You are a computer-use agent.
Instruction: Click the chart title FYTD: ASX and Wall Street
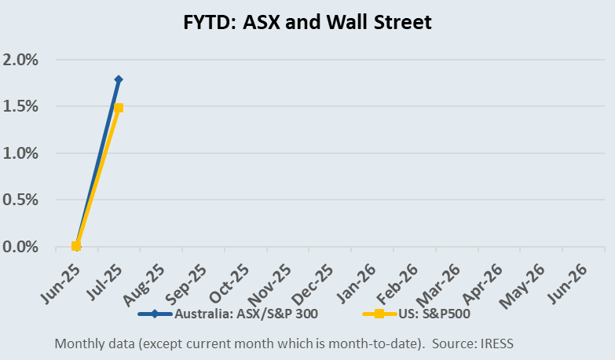pyautogui.click(x=307, y=23)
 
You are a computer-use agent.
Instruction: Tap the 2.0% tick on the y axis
pyautogui.click(x=21, y=60)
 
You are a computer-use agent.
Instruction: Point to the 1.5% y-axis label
pyautogui.click(x=21, y=106)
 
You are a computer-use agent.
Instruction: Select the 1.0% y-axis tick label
pyautogui.click(x=21, y=153)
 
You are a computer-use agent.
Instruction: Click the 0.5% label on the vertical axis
pyautogui.click(x=21, y=200)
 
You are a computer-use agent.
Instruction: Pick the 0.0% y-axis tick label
pyautogui.click(x=21, y=247)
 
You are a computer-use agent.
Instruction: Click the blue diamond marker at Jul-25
pyautogui.click(x=119, y=79)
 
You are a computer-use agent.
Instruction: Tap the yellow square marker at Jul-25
pyautogui.click(x=119, y=108)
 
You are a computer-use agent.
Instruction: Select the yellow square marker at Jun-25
pyautogui.click(x=76, y=246)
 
